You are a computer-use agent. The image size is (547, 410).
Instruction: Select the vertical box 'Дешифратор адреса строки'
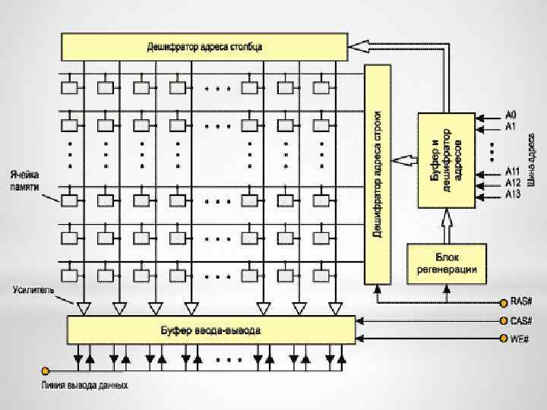(x=377, y=175)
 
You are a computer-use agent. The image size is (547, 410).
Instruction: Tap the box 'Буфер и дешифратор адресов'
(x=446, y=160)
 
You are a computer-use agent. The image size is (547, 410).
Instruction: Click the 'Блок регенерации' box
(x=447, y=263)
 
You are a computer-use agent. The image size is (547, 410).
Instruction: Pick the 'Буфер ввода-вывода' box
(x=211, y=330)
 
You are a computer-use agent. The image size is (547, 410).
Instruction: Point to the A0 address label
(x=511, y=115)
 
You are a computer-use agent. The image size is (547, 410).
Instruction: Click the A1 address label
(x=511, y=126)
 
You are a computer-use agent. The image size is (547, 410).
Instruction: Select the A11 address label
(x=513, y=172)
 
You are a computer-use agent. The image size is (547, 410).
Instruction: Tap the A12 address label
(x=513, y=183)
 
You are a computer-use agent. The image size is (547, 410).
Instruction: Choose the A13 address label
(x=513, y=194)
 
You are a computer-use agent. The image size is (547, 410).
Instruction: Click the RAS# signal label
(x=521, y=301)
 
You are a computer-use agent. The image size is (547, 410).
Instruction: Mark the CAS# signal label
(x=521, y=320)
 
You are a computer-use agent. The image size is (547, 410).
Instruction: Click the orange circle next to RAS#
(x=503, y=301)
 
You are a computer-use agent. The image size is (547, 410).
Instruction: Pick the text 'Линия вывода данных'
(x=84, y=385)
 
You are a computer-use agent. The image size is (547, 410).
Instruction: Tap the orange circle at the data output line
(x=46, y=371)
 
